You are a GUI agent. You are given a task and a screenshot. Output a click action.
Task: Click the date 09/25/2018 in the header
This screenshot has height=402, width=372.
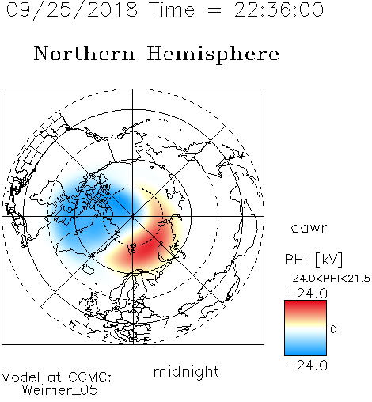click(72, 10)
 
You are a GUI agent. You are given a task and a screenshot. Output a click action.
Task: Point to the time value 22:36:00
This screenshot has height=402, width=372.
click(279, 9)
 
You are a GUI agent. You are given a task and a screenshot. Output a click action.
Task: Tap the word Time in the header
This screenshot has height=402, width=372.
click(172, 9)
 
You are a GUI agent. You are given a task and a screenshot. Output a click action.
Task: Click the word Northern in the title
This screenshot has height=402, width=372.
click(85, 53)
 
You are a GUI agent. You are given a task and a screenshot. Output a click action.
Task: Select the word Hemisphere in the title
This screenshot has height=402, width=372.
click(213, 55)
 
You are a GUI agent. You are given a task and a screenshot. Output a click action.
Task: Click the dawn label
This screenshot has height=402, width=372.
click(310, 227)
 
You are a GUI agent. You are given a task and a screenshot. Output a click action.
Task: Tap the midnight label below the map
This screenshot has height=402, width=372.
click(186, 371)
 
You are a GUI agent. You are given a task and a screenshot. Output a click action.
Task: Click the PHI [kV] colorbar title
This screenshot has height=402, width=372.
click(313, 260)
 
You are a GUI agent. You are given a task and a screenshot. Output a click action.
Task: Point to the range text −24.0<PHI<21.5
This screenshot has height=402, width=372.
click(328, 279)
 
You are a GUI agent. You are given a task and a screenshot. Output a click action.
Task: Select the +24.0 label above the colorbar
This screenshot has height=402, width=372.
click(306, 294)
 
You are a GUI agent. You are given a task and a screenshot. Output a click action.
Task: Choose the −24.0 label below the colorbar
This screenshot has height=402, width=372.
click(306, 366)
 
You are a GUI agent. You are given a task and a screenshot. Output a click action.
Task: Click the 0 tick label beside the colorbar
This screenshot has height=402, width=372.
click(333, 329)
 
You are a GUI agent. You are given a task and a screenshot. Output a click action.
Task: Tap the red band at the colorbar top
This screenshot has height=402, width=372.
click(306, 307)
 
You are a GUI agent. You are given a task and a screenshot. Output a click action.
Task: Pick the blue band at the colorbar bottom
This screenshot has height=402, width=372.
click(306, 349)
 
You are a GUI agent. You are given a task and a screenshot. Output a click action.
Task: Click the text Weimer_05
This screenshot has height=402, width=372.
click(60, 390)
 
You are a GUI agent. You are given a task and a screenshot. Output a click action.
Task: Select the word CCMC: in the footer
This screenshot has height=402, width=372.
click(90, 377)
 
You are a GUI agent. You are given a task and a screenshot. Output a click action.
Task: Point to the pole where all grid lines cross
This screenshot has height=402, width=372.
click(133, 216)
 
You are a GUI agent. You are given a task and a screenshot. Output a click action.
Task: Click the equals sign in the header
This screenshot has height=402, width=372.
click(214, 10)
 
